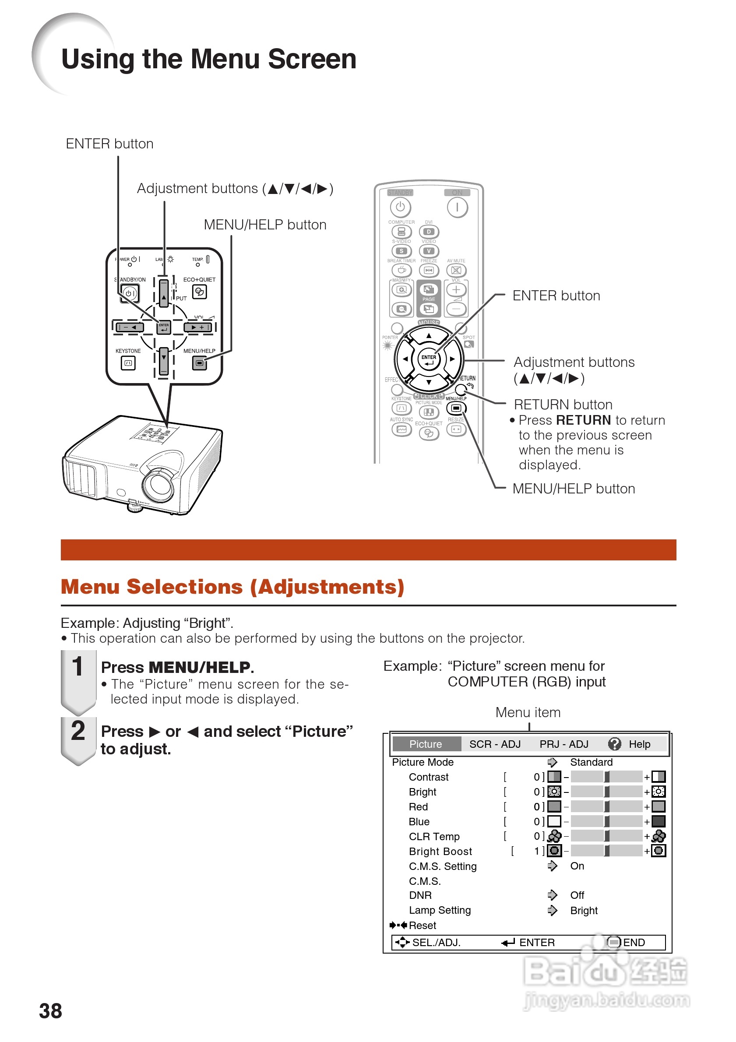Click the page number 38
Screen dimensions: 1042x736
click(50, 1010)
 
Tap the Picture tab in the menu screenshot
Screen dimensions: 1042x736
click(425, 744)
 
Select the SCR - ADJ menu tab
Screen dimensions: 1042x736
click(495, 744)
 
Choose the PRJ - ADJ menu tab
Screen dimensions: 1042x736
click(563, 744)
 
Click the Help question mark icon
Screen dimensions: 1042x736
click(614, 744)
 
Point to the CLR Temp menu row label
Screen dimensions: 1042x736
click(434, 836)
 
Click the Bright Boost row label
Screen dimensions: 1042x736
click(440, 852)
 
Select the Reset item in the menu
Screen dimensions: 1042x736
click(422, 926)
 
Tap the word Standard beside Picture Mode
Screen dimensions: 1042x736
click(591, 762)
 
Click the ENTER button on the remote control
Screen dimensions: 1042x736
click(429, 359)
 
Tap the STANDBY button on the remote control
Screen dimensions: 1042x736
click(400, 208)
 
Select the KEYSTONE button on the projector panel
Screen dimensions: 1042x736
click(128, 363)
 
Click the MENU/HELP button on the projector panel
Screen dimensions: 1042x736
click(199, 363)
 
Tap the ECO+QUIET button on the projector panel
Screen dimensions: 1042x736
click(199, 291)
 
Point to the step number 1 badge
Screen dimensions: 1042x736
click(78, 667)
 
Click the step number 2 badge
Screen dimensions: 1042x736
click(78, 731)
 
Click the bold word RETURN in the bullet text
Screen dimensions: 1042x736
click(584, 420)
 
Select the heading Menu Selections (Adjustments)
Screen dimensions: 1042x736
click(232, 587)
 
